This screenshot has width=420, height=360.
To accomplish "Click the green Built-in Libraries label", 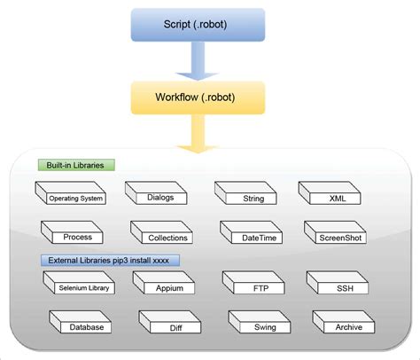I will tap(78, 165).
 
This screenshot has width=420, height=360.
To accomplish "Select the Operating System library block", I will tap(74, 196).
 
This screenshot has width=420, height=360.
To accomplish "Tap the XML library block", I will tap(336, 197).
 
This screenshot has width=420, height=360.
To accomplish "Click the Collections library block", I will tap(166, 236).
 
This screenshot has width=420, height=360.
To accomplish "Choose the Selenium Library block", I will tap(79, 286).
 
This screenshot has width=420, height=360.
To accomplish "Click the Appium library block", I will tap(168, 286).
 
